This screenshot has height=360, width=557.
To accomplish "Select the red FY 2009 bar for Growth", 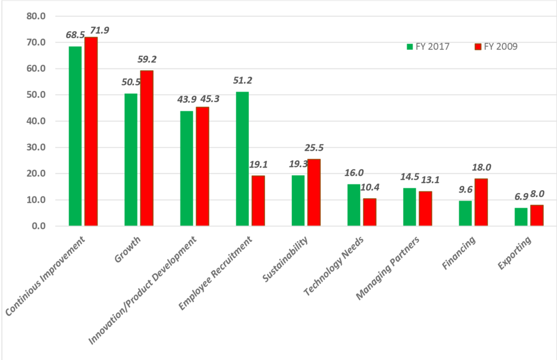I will (146, 148).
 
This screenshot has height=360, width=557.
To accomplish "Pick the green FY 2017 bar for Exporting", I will (521, 217).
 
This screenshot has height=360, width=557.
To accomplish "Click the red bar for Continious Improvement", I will (91, 132).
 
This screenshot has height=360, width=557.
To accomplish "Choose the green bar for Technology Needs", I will (354, 205).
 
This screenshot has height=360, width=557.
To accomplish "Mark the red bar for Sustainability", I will (313, 192).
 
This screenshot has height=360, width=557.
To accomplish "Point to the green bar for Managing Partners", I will (410, 207).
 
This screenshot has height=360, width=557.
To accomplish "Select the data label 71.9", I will (95, 27).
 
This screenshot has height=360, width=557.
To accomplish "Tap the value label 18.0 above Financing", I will (481, 167).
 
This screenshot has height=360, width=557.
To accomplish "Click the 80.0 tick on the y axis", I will (36, 16).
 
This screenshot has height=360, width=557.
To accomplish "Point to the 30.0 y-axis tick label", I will (36, 147).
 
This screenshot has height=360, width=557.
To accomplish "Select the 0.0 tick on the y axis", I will (38, 226).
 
